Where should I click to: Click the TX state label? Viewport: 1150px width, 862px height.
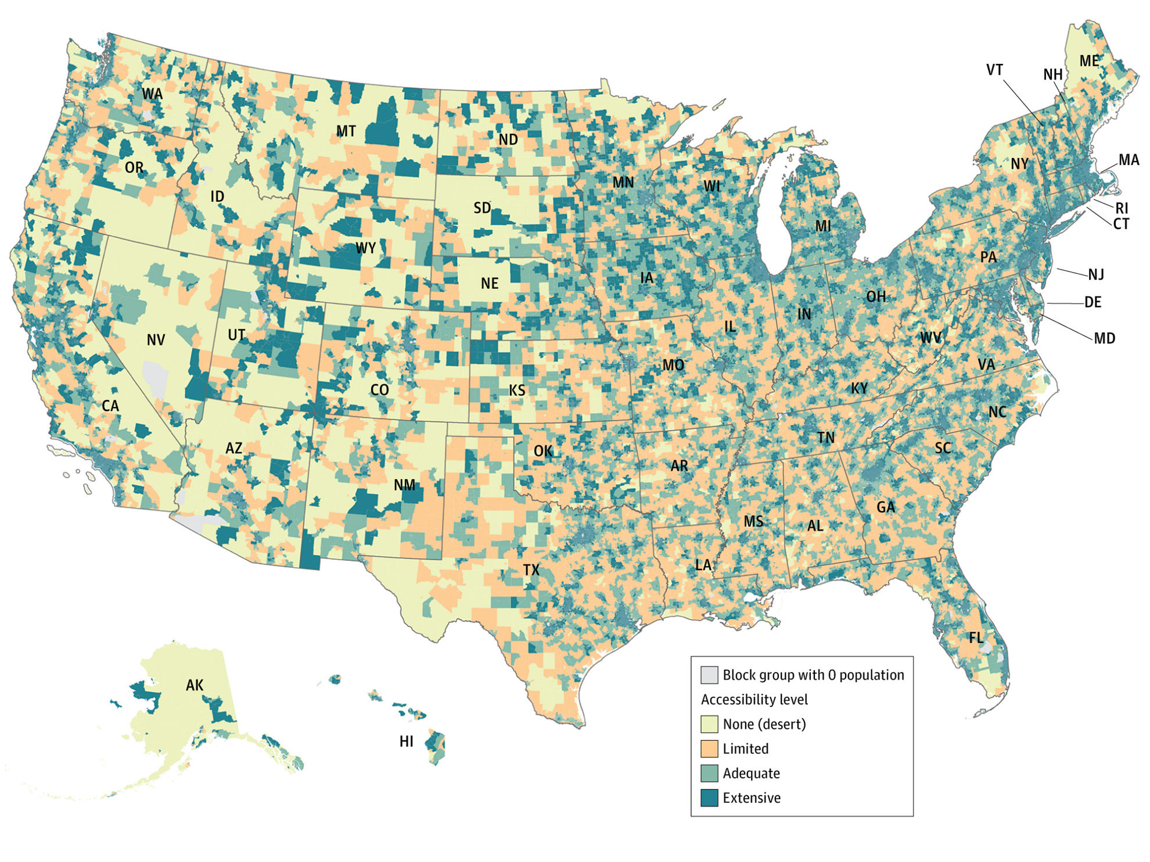pyautogui.click(x=531, y=570)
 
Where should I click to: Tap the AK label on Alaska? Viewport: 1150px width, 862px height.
pyautogui.click(x=195, y=685)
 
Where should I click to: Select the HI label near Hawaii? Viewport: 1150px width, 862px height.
pyautogui.click(x=407, y=741)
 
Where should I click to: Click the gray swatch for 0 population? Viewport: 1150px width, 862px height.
pyautogui.click(x=709, y=675)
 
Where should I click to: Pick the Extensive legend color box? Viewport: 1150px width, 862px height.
pyautogui.click(x=709, y=797)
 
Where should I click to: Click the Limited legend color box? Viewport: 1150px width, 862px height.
pyautogui.click(x=709, y=749)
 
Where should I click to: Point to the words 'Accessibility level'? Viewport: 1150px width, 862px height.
pyautogui.click(x=754, y=699)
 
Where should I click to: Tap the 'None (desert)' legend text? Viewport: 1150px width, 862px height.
pyautogui.click(x=764, y=724)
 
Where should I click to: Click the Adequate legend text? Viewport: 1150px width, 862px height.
pyautogui.click(x=751, y=773)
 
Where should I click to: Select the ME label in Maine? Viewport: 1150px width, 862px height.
pyautogui.click(x=1089, y=61)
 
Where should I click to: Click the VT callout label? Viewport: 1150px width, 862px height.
pyautogui.click(x=994, y=70)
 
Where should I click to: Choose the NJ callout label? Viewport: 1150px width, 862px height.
pyautogui.click(x=1095, y=274)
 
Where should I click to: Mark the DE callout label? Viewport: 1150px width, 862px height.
pyautogui.click(x=1092, y=302)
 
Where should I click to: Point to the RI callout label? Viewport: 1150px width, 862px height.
pyautogui.click(x=1121, y=208)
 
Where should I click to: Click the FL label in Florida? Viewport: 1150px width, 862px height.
pyautogui.click(x=976, y=638)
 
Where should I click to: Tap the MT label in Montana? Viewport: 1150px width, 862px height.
pyautogui.click(x=346, y=131)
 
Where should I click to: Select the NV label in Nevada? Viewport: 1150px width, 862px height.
pyautogui.click(x=156, y=340)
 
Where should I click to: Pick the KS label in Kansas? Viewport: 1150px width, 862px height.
pyautogui.click(x=517, y=390)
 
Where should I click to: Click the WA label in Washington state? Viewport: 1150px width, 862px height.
pyautogui.click(x=152, y=94)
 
